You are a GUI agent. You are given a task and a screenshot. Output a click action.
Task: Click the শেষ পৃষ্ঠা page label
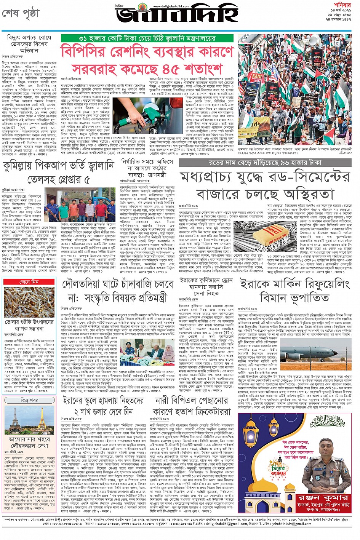[x=21, y=14]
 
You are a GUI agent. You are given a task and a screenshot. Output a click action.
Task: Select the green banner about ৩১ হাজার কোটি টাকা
[x=146, y=38]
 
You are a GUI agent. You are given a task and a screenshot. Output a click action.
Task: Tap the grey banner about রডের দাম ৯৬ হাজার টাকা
[x=265, y=163]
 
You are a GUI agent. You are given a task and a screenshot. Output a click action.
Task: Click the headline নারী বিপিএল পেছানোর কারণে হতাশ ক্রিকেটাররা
[x=191, y=406]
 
